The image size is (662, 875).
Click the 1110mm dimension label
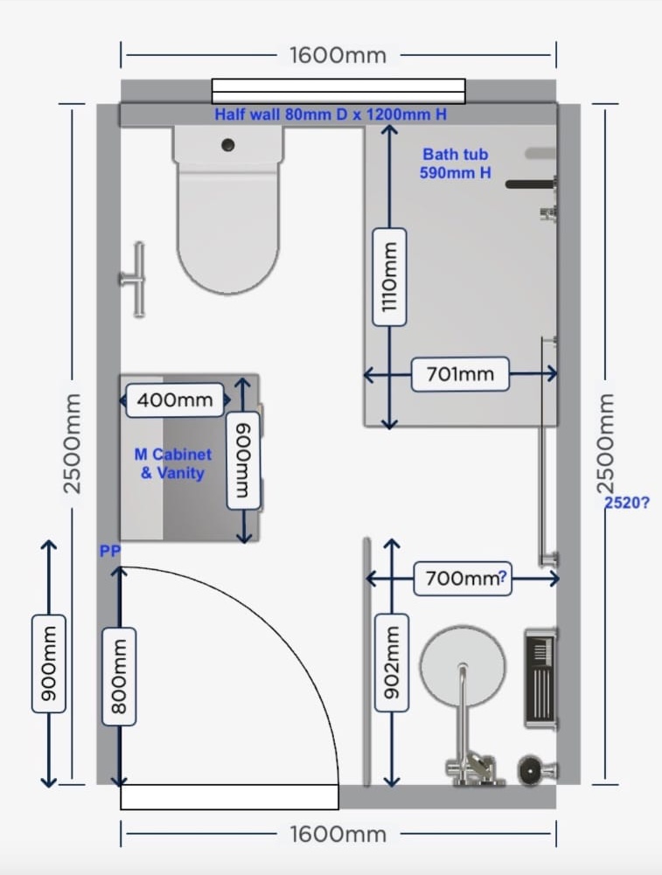(389, 277)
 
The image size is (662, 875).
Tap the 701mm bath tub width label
(461, 374)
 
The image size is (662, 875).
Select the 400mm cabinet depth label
(175, 400)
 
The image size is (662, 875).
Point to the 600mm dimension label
(243, 461)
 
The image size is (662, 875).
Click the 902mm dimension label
(391, 663)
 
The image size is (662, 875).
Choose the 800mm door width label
(119, 677)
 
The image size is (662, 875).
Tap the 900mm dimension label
(49, 663)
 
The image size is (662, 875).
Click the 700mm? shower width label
(463, 579)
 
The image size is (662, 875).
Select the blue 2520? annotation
(627, 503)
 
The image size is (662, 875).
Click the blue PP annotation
(109, 552)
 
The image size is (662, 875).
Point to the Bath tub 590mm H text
(456, 163)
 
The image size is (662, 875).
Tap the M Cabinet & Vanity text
(173, 464)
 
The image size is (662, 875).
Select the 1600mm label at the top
(338, 55)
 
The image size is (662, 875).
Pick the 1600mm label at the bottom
(338, 834)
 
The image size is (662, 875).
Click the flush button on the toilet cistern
(227, 145)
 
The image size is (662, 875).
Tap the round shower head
(463, 666)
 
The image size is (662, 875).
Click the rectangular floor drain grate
(540, 678)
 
